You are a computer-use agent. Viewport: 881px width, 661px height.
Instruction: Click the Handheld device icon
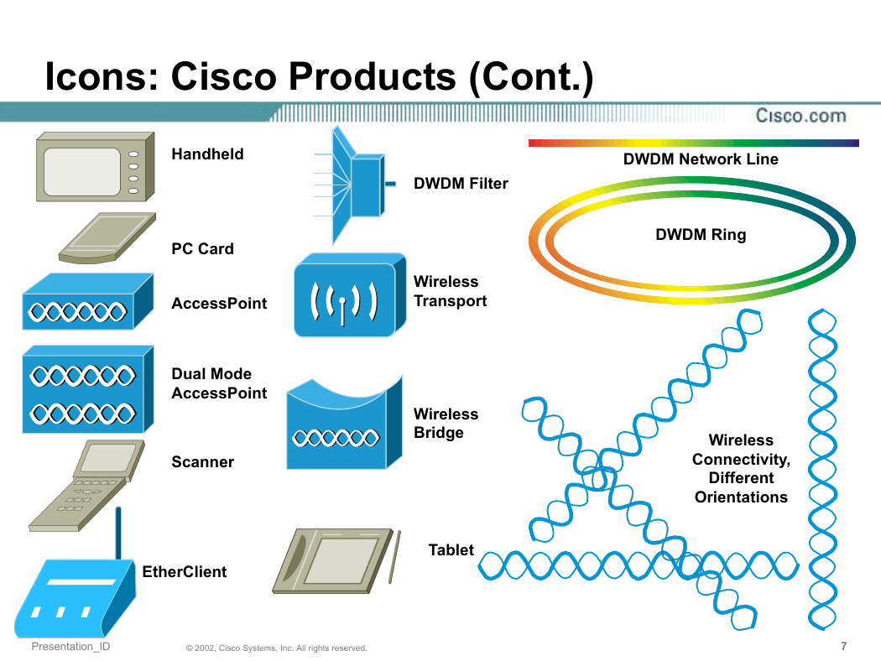[x=95, y=167]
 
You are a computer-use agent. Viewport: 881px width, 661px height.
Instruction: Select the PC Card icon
[x=107, y=237]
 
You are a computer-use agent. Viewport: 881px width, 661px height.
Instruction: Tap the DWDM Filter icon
[x=355, y=185]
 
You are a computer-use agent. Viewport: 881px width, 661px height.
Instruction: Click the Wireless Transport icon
[x=350, y=294]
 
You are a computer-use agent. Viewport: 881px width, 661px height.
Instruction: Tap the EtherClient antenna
[x=118, y=533]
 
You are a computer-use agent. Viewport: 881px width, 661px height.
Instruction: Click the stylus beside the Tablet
[x=394, y=556]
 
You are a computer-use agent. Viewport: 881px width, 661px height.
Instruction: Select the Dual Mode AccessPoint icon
[x=87, y=389]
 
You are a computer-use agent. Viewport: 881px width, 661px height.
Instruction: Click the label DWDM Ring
[x=701, y=235]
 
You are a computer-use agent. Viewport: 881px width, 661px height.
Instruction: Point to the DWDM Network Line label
[x=701, y=159]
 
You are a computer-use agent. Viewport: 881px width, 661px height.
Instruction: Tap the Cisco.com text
[x=800, y=116]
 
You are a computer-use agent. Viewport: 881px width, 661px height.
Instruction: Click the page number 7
[x=843, y=646]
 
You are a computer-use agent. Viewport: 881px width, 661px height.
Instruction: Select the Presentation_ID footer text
[x=70, y=647]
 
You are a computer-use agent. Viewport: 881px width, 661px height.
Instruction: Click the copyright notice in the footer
[x=276, y=648]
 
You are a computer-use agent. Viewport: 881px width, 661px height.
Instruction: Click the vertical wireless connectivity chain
[x=822, y=469]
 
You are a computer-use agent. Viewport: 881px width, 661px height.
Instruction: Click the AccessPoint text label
[x=219, y=304]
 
